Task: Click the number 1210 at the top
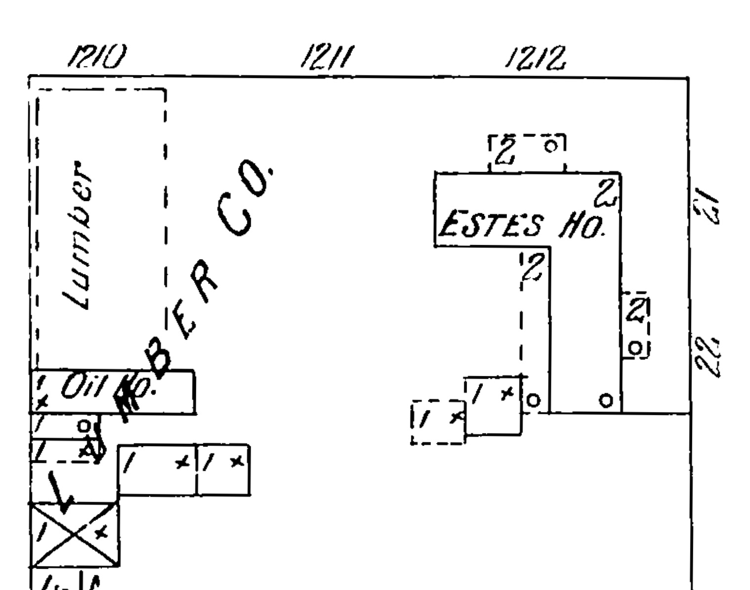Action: [97, 57]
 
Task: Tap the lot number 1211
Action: [327, 57]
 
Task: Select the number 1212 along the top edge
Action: [535, 58]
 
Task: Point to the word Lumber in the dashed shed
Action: [77, 235]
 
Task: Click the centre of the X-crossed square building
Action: [75, 534]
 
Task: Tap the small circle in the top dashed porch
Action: [551, 146]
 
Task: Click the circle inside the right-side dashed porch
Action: [636, 348]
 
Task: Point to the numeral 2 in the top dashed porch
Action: [505, 150]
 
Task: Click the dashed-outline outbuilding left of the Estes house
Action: [438, 422]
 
